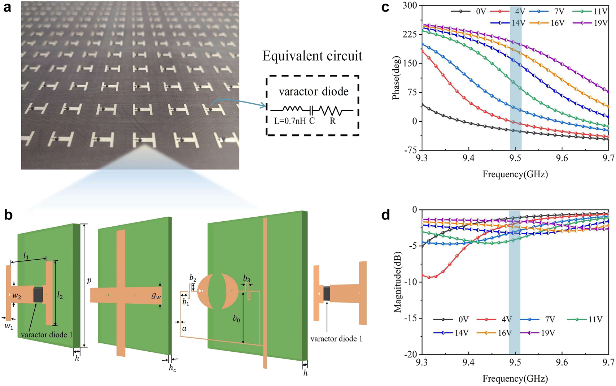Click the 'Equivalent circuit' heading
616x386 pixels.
coord(312,56)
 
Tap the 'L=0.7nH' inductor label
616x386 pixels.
coord(289,121)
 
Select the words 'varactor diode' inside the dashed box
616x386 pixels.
coord(313,92)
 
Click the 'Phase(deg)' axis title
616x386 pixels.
coord(397,78)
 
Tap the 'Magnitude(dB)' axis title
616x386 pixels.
coord(398,282)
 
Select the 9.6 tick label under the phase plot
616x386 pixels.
coord(562,158)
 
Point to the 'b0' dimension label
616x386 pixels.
coord(236,318)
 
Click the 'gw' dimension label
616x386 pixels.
coord(156,296)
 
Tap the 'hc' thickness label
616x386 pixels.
coord(172,368)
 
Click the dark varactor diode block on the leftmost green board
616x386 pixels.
coord(38,294)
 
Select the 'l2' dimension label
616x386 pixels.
coord(60,296)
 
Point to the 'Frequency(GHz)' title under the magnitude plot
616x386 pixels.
coord(515,378)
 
